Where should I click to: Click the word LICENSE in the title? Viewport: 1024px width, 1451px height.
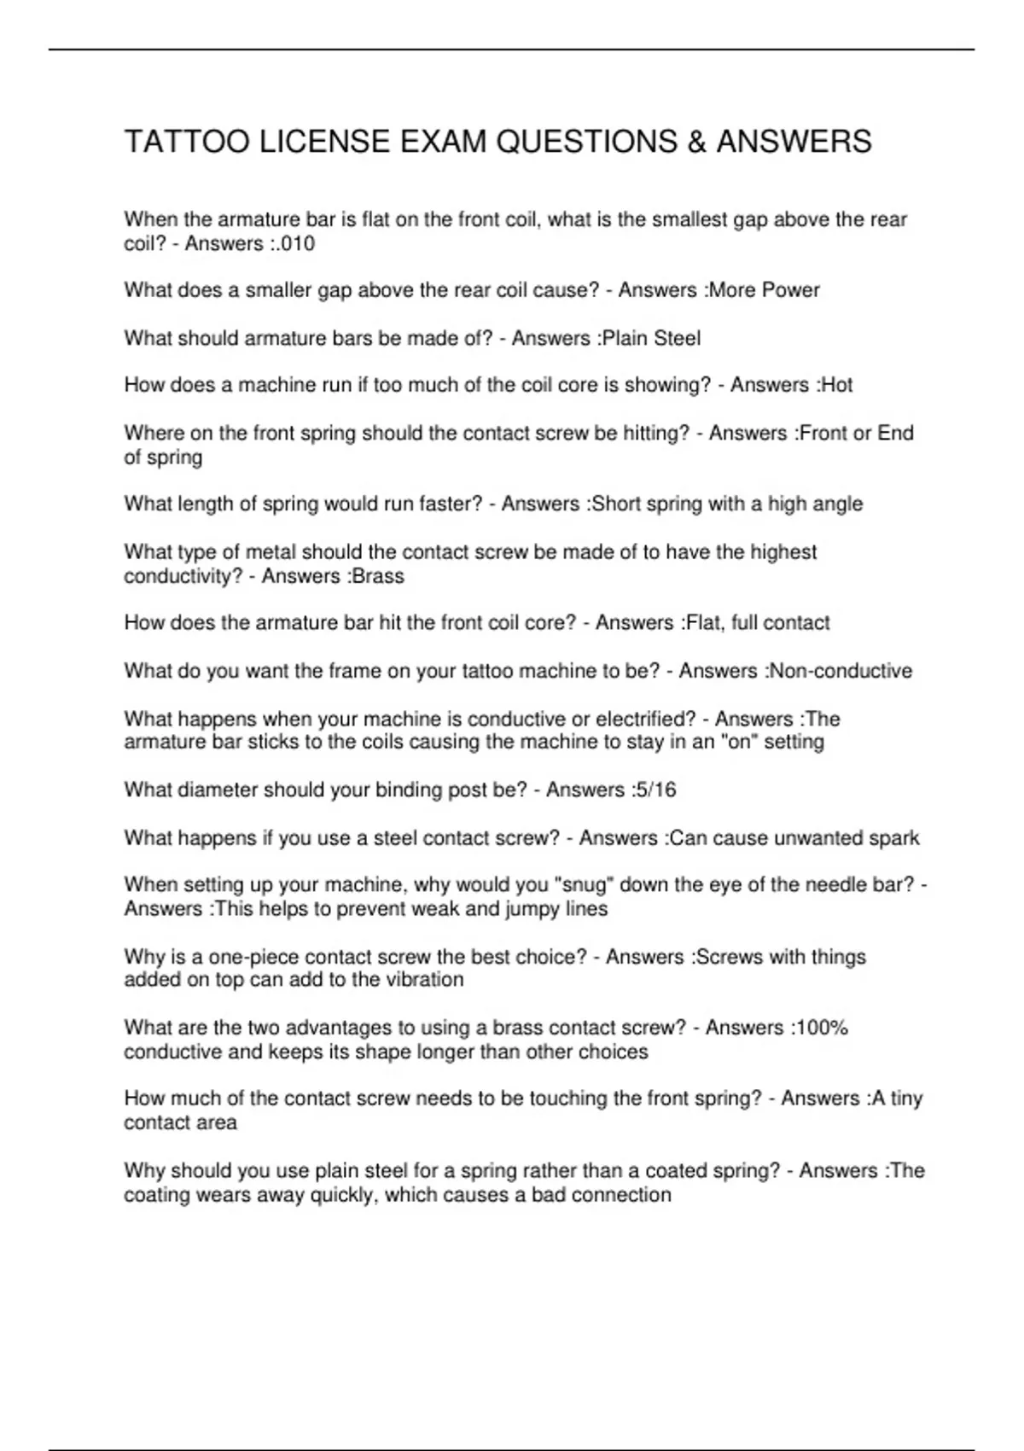pos(324,142)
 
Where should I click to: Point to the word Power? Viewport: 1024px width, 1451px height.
pos(790,290)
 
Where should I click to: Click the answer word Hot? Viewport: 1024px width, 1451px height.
pos(835,385)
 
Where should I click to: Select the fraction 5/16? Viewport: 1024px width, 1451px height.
pos(655,790)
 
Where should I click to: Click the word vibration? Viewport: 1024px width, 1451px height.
pos(424,979)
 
